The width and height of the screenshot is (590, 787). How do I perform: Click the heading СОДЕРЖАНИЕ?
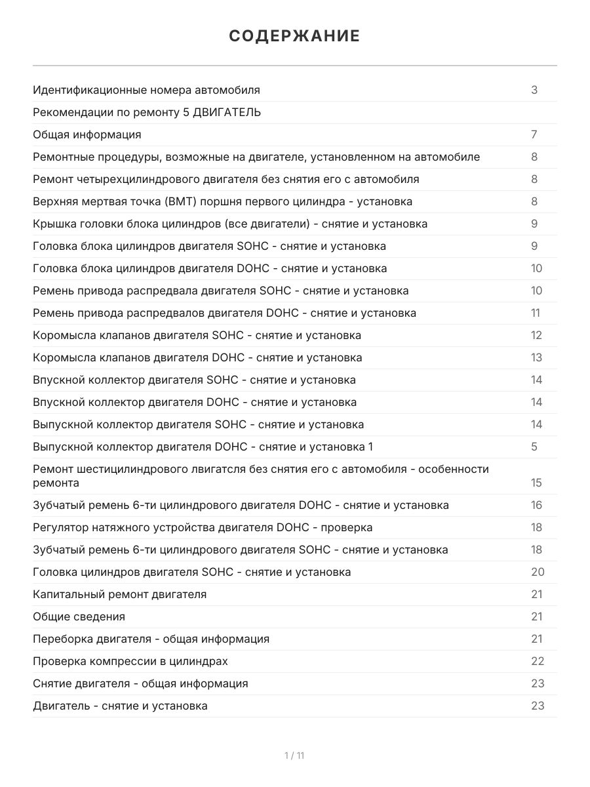pyautogui.click(x=294, y=36)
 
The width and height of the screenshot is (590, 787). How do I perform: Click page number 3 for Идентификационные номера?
pyautogui.click(x=534, y=90)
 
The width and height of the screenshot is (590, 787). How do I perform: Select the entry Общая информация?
pyautogui.click(x=87, y=134)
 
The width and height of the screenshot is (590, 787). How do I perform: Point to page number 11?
pyautogui.click(x=536, y=313)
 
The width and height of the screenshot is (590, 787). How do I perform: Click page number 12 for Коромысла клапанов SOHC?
pyautogui.click(x=536, y=335)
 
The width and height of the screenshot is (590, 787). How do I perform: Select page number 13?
pyautogui.click(x=536, y=357)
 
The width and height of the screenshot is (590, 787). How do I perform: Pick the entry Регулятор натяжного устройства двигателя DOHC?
pyautogui.click(x=203, y=527)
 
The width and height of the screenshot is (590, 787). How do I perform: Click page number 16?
pyautogui.click(x=536, y=505)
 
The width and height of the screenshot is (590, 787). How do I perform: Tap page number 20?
pyautogui.click(x=538, y=572)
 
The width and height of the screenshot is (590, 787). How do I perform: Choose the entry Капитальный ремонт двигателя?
pyautogui.click(x=119, y=594)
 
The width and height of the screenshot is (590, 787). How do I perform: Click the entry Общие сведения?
pyautogui.click(x=79, y=616)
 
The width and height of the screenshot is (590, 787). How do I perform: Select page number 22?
pyautogui.click(x=538, y=661)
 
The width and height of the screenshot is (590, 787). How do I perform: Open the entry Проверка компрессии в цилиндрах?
pyautogui.click(x=130, y=661)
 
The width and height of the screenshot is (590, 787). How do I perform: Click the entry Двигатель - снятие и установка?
pyautogui.click(x=120, y=706)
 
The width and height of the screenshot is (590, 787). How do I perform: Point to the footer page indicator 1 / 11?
pyautogui.click(x=294, y=756)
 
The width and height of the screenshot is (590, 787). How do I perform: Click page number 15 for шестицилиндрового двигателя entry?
pyautogui.click(x=536, y=483)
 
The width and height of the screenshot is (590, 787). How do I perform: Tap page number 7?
pyautogui.click(x=534, y=134)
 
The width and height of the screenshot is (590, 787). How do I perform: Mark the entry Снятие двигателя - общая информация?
pyautogui.click(x=140, y=683)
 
